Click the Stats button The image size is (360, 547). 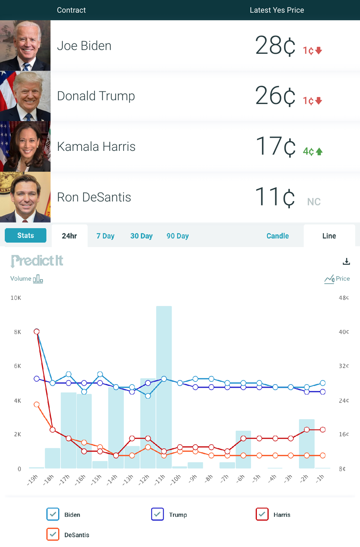25,235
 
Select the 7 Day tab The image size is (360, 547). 105,236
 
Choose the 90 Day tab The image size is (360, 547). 178,236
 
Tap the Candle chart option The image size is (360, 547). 278,236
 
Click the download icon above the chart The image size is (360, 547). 346,261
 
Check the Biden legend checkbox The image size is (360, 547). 53,514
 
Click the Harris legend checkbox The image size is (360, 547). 262,514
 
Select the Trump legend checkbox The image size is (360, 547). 158,514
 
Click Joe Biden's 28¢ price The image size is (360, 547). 275,45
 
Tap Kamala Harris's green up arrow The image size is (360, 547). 319,151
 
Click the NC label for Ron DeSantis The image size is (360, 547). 314,202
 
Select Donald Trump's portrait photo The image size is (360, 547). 25,96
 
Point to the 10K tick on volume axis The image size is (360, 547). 16,298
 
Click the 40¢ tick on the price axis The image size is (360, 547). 344,332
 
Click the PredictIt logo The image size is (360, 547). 37,261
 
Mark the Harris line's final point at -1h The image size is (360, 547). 323,430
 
